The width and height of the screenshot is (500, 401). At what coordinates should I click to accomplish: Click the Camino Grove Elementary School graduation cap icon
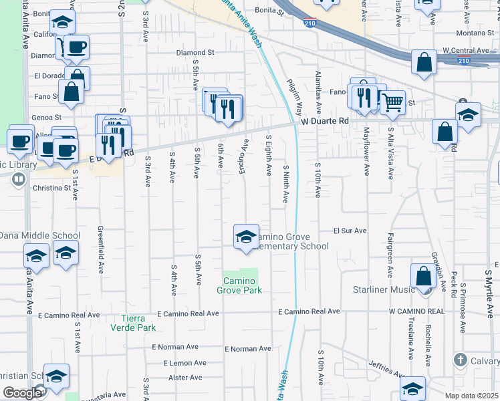point(246,236)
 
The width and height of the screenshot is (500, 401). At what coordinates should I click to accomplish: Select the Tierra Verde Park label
point(138,323)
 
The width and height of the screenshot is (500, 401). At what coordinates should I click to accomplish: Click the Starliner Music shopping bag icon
point(424,275)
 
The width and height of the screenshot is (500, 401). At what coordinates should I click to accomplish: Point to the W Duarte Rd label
point(325,121)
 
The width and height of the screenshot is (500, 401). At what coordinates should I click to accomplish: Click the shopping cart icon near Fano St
point(393,102)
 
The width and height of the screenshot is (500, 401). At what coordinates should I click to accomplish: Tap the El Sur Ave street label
point(350,231)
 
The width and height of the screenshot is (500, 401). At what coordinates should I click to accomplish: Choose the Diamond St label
point(195,52)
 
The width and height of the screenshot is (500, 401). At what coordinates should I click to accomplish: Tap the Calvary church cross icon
point(459,361)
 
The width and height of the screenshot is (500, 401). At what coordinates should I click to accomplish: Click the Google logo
point(23,392)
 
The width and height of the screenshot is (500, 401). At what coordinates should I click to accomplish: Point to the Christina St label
point(52,188)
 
